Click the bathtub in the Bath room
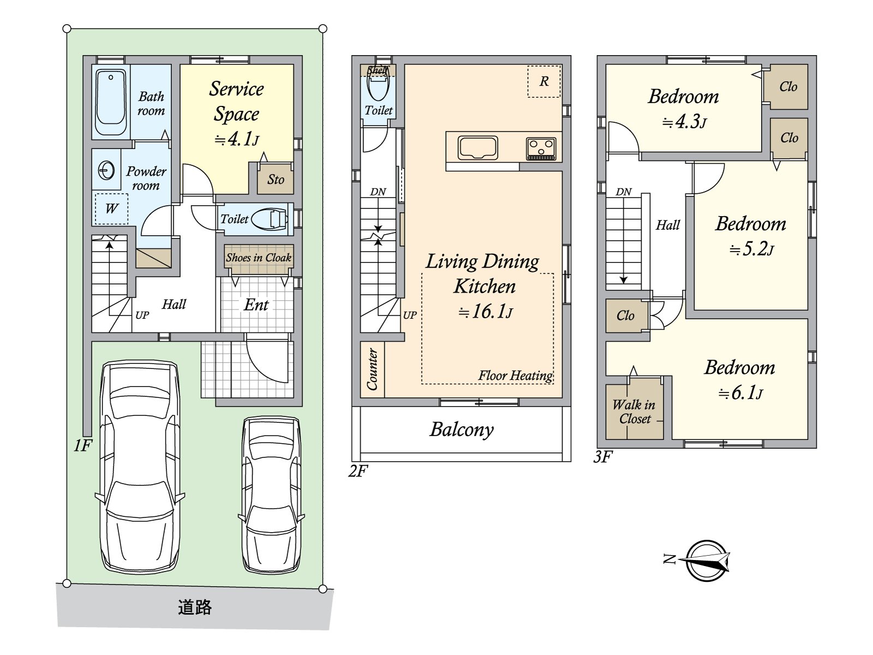pos(111,102)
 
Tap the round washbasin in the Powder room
pos(106,171)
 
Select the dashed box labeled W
pos(111,209)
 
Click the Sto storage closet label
pos(276,180)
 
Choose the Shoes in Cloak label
pos(259,258)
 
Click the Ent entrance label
pos(256,305)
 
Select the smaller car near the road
pos(271,495)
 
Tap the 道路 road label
pos(194,608)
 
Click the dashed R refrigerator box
pos(543,81)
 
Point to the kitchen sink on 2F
pos(477,147)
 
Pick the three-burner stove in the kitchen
pos(541,148)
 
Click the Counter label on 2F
pos(372,369)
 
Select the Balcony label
pos(462,430)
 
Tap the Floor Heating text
pos(516,376)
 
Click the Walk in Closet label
pos(634,412)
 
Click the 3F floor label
pos(603,457)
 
